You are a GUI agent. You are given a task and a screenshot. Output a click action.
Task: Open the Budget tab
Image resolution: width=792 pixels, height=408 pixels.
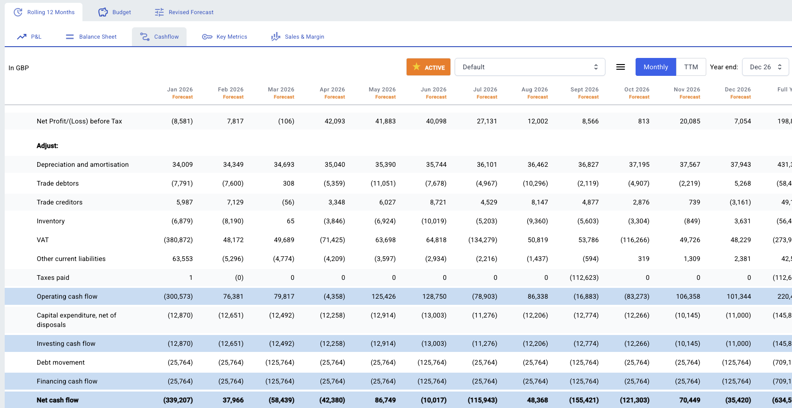[114, 12]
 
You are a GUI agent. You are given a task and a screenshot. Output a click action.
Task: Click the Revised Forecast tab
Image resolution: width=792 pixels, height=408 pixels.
[184, 12]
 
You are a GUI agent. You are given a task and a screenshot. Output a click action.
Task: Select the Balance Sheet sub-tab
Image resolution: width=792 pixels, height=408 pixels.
[91, 37]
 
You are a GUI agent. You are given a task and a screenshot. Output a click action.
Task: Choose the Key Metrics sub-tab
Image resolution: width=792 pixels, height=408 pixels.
[225, 37]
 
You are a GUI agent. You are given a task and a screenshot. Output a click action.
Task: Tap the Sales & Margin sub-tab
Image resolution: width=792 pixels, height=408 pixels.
[298, 37]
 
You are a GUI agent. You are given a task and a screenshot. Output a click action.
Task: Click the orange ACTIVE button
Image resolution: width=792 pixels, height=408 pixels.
[428, 67]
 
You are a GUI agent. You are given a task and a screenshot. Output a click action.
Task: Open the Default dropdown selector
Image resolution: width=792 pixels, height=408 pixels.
[530, 67]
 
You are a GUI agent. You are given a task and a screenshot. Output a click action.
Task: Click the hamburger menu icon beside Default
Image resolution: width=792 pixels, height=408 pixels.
[621, 67]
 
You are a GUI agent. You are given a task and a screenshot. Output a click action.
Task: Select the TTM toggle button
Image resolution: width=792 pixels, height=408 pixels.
[691, 67]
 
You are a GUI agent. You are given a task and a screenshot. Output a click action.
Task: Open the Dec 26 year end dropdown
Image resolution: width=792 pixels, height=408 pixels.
[765, 67]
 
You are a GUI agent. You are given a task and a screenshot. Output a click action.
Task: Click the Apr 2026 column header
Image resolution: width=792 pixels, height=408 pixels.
[332, 93]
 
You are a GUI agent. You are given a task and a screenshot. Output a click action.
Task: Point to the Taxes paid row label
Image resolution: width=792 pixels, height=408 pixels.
[53, 277]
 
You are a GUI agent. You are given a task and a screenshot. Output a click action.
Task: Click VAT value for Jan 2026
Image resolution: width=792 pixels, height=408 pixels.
[178, 240]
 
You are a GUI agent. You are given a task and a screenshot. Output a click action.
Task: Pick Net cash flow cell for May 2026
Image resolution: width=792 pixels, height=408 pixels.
[385, 400]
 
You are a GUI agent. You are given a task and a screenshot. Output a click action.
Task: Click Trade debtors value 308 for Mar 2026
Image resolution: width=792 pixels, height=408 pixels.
[288, 183]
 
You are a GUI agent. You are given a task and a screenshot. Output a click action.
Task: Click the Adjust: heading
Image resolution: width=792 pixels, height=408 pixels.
[48, 146]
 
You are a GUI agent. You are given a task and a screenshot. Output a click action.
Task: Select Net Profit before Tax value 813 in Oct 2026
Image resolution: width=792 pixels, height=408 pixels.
[644, 121]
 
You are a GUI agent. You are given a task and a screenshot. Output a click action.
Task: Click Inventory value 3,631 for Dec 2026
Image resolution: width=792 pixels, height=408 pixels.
[742, 221]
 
